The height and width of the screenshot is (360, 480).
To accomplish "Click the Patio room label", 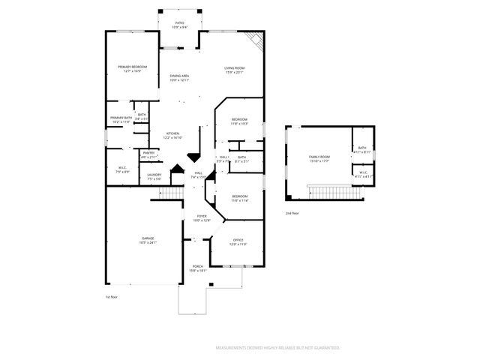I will (x=180, y=25).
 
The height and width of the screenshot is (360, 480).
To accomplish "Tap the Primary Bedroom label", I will (x=132, y=69).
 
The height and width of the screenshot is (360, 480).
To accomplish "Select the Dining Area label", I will (x=178, y=78).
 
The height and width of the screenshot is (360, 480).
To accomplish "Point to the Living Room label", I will (x=235, y=70).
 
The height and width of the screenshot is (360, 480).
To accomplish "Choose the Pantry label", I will (x=148, y=154).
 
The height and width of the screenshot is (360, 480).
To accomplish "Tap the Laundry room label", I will (x=154, y=177).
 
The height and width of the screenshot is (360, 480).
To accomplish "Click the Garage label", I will (x=147, y=240).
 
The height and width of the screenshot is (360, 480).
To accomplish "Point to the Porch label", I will (x=198, y=268).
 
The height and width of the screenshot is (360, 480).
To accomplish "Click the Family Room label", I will (x=320, y=158).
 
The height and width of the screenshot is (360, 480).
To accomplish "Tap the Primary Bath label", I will (x=121, y=120).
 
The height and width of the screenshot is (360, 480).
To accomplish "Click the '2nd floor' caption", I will (x=292, y=213).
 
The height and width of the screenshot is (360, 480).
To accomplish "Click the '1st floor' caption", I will (x=112, y=297).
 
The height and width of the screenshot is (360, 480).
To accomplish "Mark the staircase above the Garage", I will (x=172, y=193).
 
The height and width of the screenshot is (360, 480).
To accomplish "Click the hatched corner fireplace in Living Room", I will (x=254, y=43).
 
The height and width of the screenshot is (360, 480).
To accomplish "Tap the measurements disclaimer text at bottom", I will (x=277, y=348).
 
